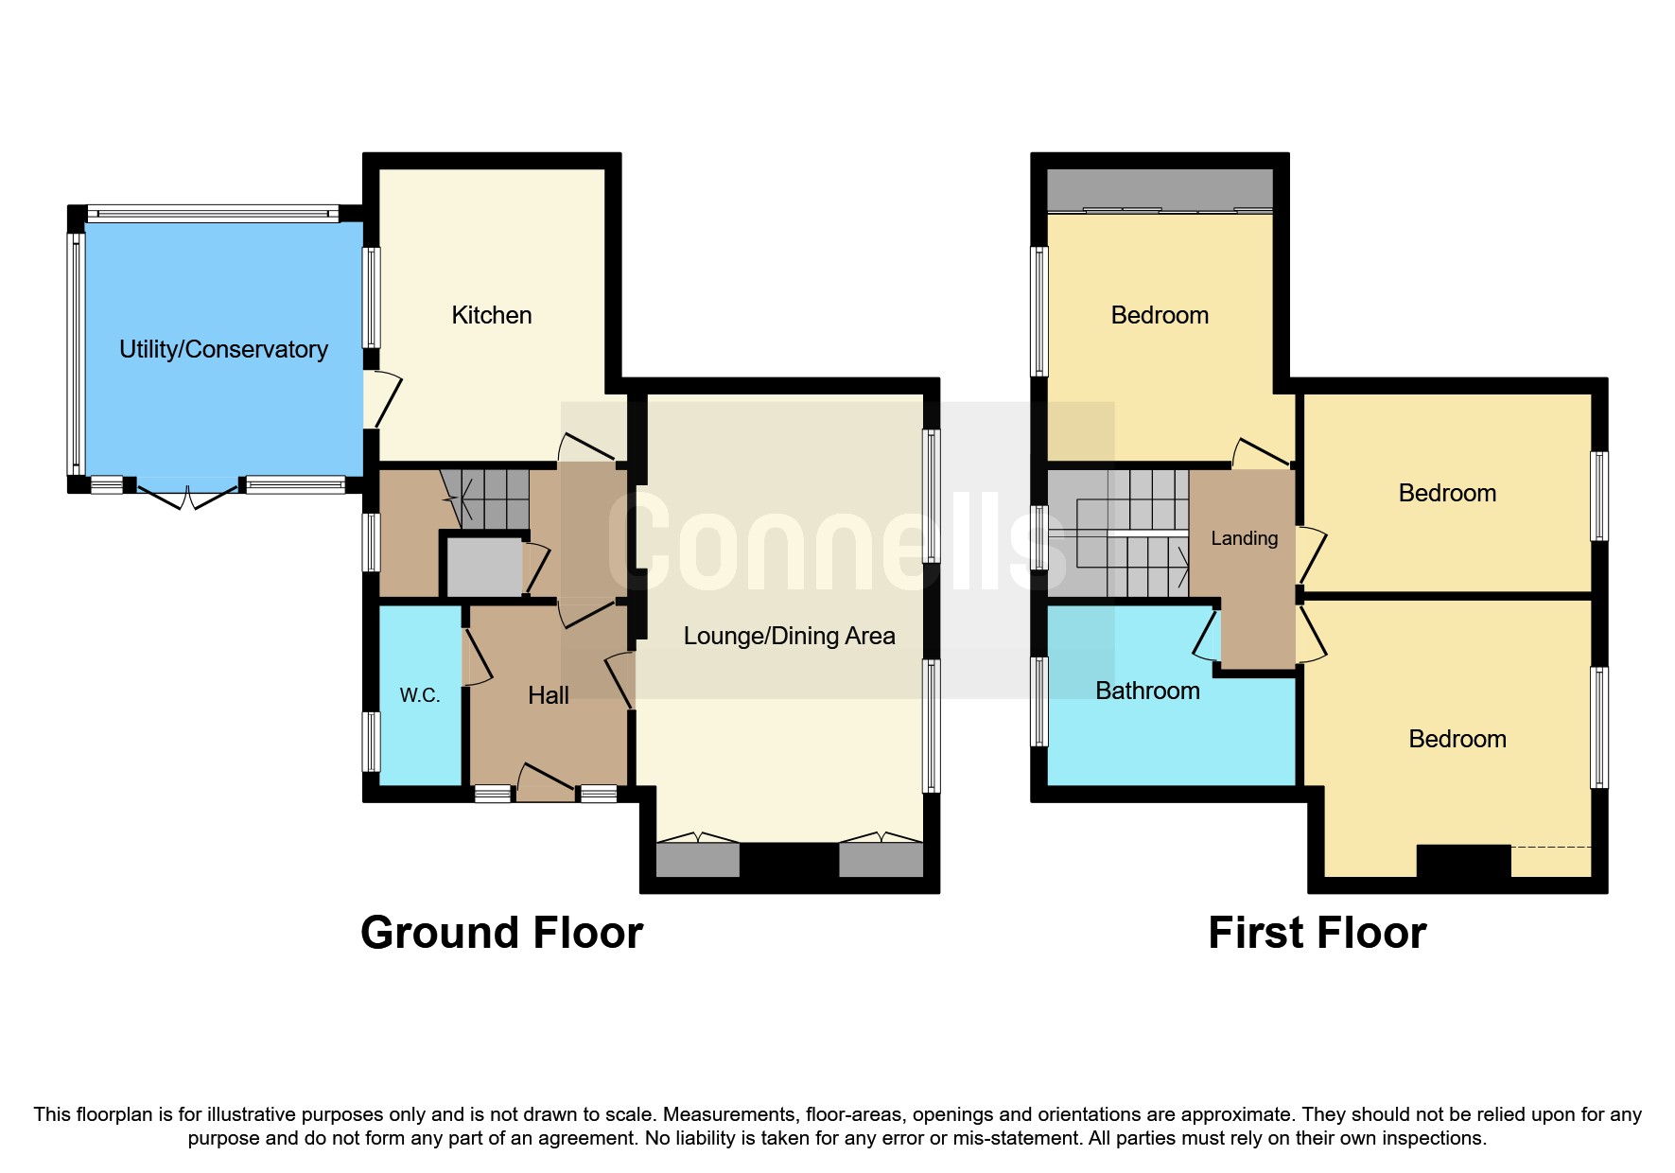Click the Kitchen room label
pos(491,315)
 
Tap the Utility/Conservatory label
pos(223,349)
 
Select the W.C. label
pos(419,695)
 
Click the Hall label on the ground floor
pos(548,695)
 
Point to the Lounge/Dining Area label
pos(789,636)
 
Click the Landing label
pos(1244,538)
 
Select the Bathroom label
pos(1147,691)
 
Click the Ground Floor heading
pos(501,933)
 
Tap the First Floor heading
pos(1317,933)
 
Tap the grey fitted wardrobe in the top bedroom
pos(1160,189)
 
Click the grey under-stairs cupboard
pos(483,567)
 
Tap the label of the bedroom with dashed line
pos(1457,739)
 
